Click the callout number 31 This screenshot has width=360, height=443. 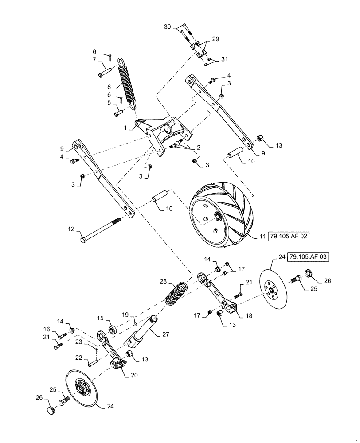(224, 60)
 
